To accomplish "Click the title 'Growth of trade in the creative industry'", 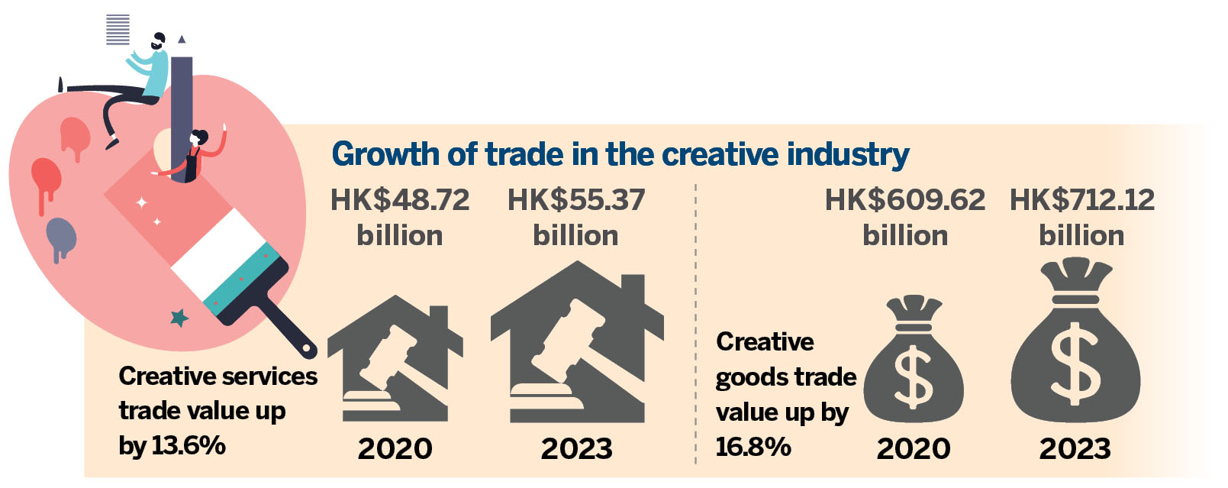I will pyautogui.click(x=620, y=154).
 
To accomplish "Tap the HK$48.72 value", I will pyautogui.click(x=400, y=201).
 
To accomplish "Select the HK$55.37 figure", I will pyautogui.click(x=576, y=201).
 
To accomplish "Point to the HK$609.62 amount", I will pyautogui.click(x=905, y=201).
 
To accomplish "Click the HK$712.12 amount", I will pyautogui.click(x=1081, y=201).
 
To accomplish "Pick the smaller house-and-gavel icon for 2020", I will pyautogui.click(x=395, y=359).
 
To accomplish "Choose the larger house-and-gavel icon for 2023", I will pyautogui.click(x=576, y=344).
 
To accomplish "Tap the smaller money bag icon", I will pyautogui.click(x=913, y=363).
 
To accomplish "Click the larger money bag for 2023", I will pyautogui.click(x=1075, y=344).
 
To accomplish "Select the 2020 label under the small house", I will pyautogui.click(x=395, y=449).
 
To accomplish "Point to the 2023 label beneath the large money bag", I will pyautogui.click(x=1075, y=449).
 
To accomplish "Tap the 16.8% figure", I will pyautogui.click(x=753, y=446).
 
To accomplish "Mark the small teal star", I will pyautogui.click(x=179, y=317).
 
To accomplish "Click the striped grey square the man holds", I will pyautogui.click(x=118, y=30).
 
